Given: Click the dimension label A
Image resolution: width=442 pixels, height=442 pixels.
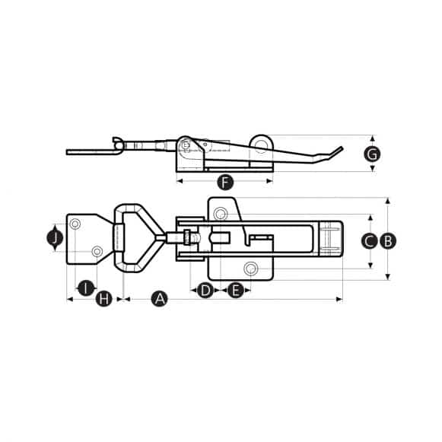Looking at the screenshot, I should point(159,299).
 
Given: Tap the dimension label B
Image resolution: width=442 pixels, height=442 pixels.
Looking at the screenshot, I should point(387,241).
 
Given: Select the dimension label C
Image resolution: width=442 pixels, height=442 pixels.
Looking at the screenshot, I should point(369,241).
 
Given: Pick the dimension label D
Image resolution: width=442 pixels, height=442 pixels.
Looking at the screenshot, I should point(205,290).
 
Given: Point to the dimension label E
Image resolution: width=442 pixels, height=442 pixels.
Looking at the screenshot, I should point(235,290).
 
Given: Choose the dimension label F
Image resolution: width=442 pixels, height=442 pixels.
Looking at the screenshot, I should point(224,182).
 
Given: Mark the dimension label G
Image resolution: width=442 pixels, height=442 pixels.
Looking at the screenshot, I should point(372,154).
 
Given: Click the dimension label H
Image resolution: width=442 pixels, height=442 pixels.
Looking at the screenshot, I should point(104,299).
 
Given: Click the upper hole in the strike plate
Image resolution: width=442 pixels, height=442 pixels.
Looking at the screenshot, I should point(76,224).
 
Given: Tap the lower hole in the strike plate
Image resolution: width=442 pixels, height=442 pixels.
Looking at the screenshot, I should point(97,252).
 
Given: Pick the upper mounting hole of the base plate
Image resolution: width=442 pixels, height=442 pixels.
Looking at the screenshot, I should point(221,212).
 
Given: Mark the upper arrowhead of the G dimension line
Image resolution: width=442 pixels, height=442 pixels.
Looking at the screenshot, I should point(372,138).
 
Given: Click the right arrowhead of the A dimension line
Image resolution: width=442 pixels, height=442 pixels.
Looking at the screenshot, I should point(340,299).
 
